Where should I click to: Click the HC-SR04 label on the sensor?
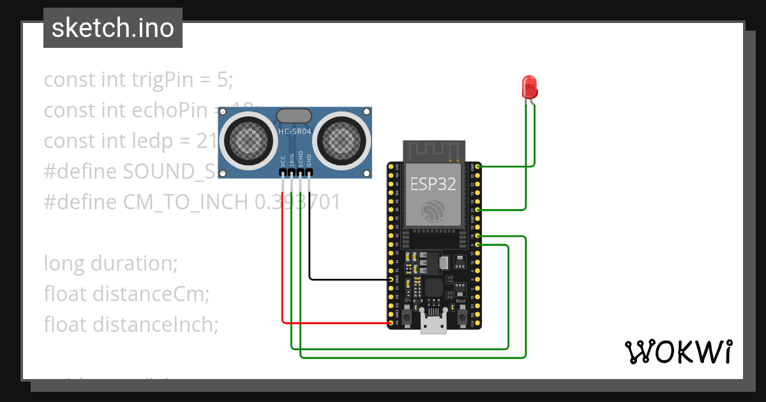tap(294, 131)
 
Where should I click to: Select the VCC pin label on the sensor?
tap(283, 160)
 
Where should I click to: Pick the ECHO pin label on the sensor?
tap(301, 159)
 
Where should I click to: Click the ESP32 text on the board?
tap(433, 184)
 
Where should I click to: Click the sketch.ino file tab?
tap(113, 28)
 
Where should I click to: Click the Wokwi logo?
tap(678, 352)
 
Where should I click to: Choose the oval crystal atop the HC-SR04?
tap(294, 115)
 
